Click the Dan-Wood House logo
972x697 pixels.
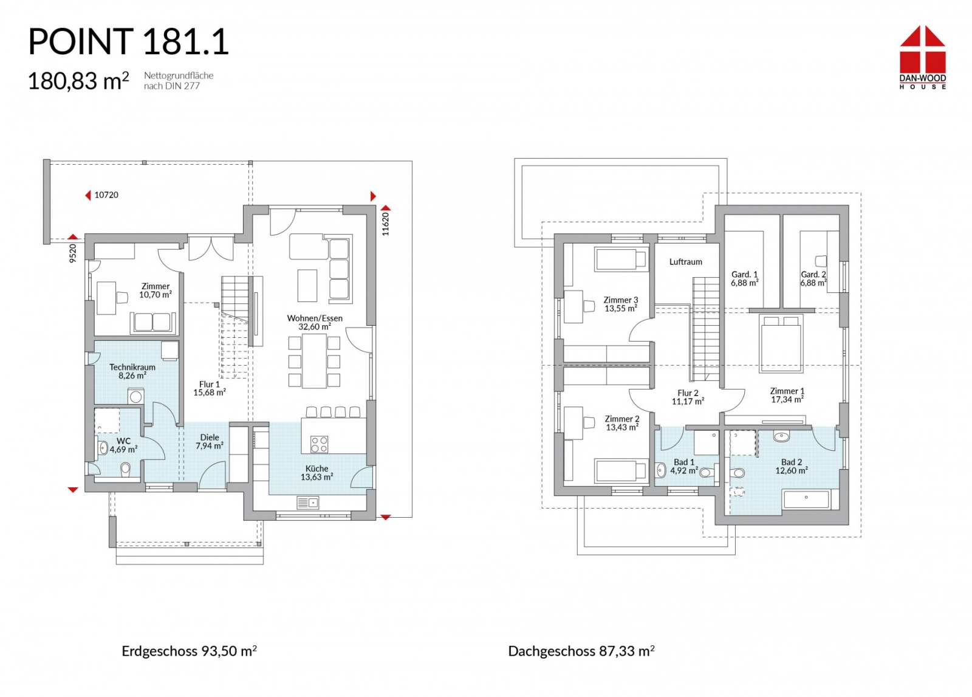(x=923, y=57)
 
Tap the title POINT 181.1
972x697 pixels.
(x=128, y=42)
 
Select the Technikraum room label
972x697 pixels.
(x=132, y=367)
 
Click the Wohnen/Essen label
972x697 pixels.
(x=315, y=318)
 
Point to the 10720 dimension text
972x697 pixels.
(x=106, y=195)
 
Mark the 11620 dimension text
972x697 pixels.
(x=385, y=224)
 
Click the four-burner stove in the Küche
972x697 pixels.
(x=319, y=444)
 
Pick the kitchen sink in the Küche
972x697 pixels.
(x=307, y=503)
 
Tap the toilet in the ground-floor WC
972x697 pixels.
(x=125, y=470)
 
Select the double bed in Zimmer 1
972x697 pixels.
(x=781, y=343)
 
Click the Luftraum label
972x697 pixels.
(x=686, y=262)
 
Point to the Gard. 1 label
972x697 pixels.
(x=745, y=274)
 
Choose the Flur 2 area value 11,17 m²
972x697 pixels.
(x=688, y=402)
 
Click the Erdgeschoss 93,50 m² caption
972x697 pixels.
(x=189, y=651)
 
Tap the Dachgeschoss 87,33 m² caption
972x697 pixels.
(x=581, y=651)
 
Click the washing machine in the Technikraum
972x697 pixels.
(x=135, y=397)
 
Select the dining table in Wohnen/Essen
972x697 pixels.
(x=315, y=361)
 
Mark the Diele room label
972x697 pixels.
(x=209, y=438)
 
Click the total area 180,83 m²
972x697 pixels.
(x=78, y=81)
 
